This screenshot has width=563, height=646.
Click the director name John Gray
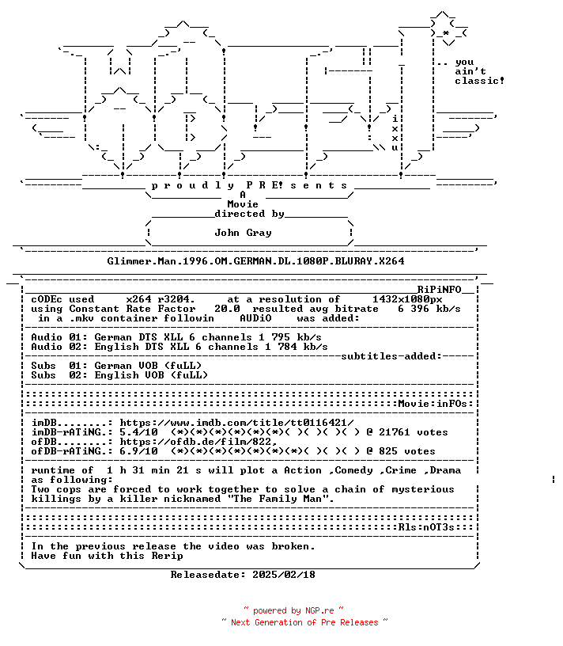tap(243, 233)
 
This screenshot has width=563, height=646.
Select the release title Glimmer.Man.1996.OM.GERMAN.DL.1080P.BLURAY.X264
tap(255, 261)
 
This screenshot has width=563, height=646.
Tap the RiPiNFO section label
tap(439, 290)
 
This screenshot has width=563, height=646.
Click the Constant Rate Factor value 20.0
tap(227, 309)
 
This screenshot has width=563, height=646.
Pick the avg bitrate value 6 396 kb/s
tap(429, 309)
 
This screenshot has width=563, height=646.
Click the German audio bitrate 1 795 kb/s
tap(290, 337)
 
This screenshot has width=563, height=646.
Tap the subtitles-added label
tap(391, 356)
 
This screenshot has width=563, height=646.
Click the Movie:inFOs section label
tap(433, 404)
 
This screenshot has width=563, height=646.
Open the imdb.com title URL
tap(236, 423)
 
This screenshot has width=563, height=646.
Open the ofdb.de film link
tap(195, 442)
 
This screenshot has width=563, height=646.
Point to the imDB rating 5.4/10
tap(138, 432)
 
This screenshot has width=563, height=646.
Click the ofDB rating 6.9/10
tap(138, 451)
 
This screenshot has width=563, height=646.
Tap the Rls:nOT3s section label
tap(426, 527)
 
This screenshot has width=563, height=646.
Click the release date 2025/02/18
tap(284, 575)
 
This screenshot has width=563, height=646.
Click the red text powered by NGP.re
tap(293, 610)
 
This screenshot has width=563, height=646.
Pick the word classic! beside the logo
tap(479, 82)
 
